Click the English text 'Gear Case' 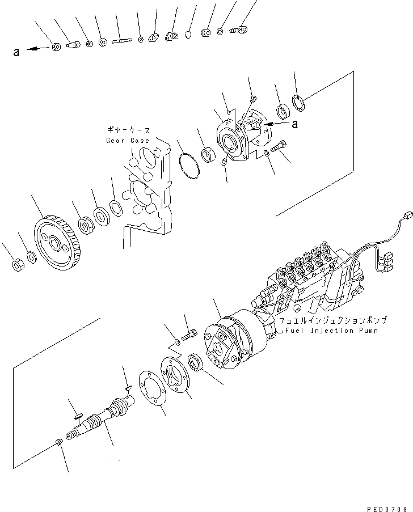[x=128, y=141]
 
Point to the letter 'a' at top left [x=16, y=52]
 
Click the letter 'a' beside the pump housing [x=294, y=123]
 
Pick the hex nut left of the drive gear [x=16, y=264]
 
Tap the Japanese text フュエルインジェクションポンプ [x=324, y=320]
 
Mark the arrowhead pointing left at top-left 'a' [x=29, y=49]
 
